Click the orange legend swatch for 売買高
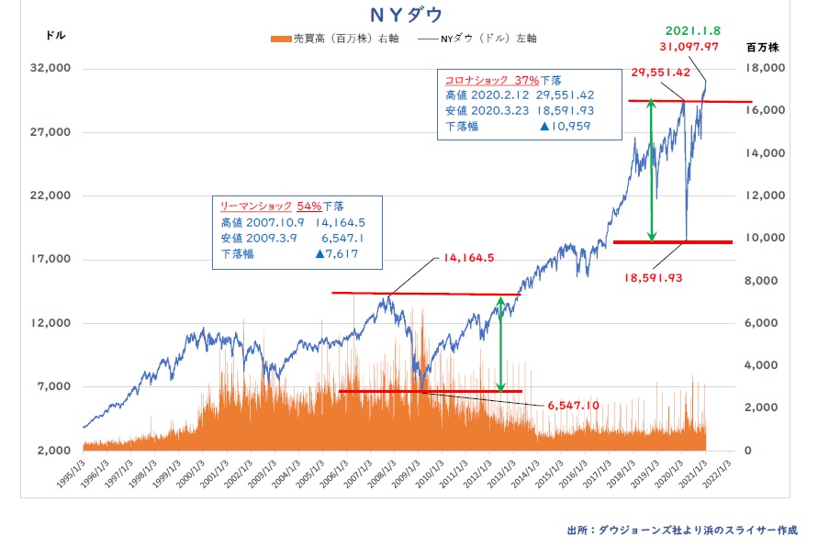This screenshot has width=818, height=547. pyautogui.click(x=279, y=39)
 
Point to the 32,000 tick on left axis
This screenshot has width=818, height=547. pyautogui.click(x=50, y=69)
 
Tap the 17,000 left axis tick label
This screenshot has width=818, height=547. pyautogui.click(x=50, y=260)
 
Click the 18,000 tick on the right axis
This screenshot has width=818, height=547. pyautogui.click(x=764, y=69)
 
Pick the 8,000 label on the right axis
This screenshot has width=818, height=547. pyautogui.click(x=767, y=281)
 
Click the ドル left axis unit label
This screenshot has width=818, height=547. pyautogui.click(x=54, y=35)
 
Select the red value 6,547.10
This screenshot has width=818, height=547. pyautogui.click(x=573, y=405)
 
